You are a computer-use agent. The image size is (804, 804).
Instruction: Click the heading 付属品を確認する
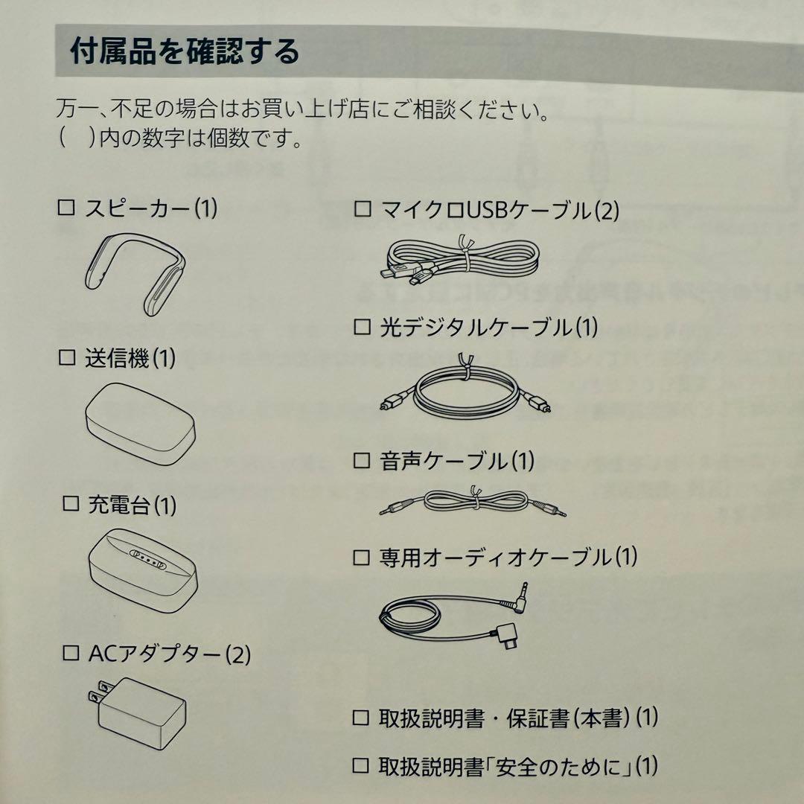(185, 51)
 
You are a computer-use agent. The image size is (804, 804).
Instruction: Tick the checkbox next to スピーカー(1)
(67, 208)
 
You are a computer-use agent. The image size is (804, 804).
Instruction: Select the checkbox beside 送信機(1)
(67, 358)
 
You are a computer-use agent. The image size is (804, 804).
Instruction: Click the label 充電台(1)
(133, 505)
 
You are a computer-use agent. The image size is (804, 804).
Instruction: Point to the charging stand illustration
(144, 567)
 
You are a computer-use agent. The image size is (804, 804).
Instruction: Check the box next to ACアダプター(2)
(71, 654)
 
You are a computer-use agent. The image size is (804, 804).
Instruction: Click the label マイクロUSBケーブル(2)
(500, 211)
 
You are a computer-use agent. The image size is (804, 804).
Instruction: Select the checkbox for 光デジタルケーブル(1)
(362, 327)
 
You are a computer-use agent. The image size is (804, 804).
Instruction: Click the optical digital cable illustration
(462, 392)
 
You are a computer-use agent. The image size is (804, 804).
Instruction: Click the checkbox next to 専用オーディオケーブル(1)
(362, 556)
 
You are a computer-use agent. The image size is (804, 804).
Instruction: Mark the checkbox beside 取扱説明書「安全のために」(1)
(362, 765)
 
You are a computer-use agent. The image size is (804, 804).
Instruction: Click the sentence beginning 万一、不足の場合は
(304, 112)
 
